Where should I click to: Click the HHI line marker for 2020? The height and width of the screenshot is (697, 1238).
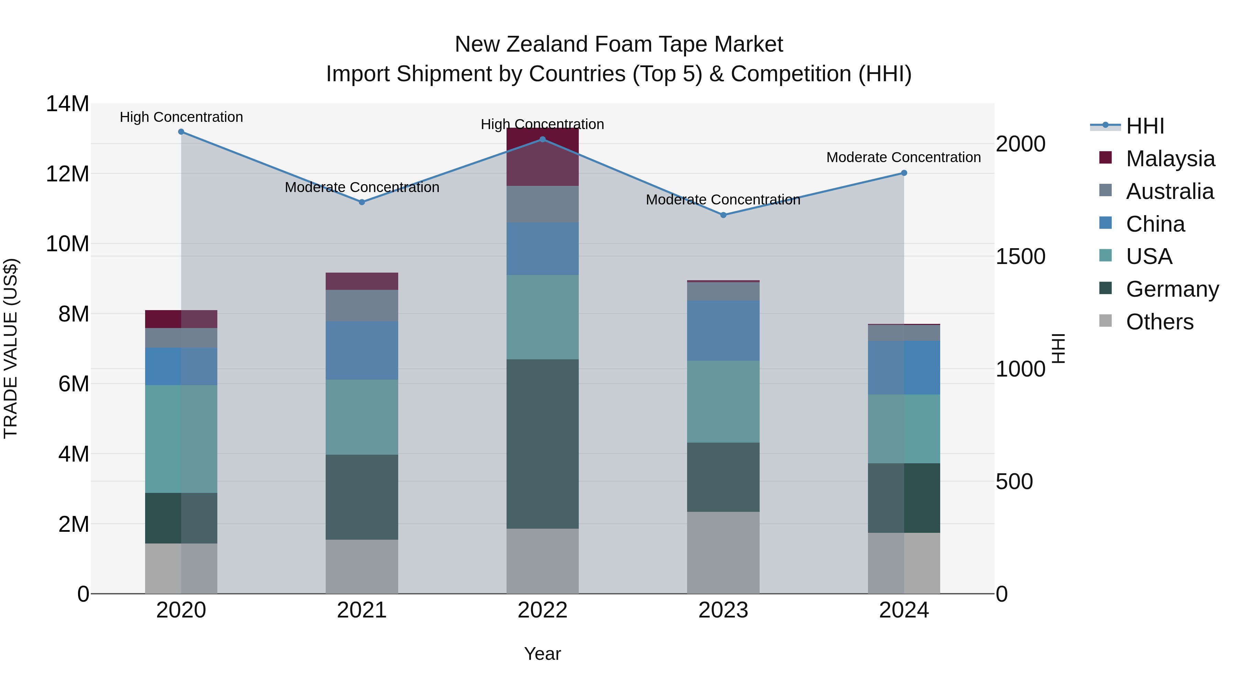[x=181, y=132]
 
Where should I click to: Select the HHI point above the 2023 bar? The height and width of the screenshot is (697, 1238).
[x=723, y=215]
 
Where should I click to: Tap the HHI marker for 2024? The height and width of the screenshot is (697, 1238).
[x=904, y=173]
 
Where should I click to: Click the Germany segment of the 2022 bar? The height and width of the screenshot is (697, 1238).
[x=543, y=444]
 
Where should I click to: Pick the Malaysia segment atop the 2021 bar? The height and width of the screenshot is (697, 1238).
[x=362, y=282]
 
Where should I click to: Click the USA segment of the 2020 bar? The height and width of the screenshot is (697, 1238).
[x=181, y=439]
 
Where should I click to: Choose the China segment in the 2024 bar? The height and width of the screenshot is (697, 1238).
[x=904, y=368]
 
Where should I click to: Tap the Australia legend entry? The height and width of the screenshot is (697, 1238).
[x=1169, y=191]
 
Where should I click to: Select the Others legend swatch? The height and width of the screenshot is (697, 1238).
[x=1105, y=321]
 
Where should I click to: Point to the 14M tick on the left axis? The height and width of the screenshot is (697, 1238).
[x=67, y=104]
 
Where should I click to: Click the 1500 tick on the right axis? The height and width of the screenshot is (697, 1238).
[x=1020, y=256]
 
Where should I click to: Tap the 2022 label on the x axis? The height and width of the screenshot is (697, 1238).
[x=543, y=610]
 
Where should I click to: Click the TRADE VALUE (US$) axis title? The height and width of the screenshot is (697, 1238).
[x=11, y=348]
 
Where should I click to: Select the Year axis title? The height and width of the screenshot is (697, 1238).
[x=543, y=654]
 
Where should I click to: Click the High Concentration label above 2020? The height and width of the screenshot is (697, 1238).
[x=181, y=117]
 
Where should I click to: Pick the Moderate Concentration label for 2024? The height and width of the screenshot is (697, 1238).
[x=903, y=157]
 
